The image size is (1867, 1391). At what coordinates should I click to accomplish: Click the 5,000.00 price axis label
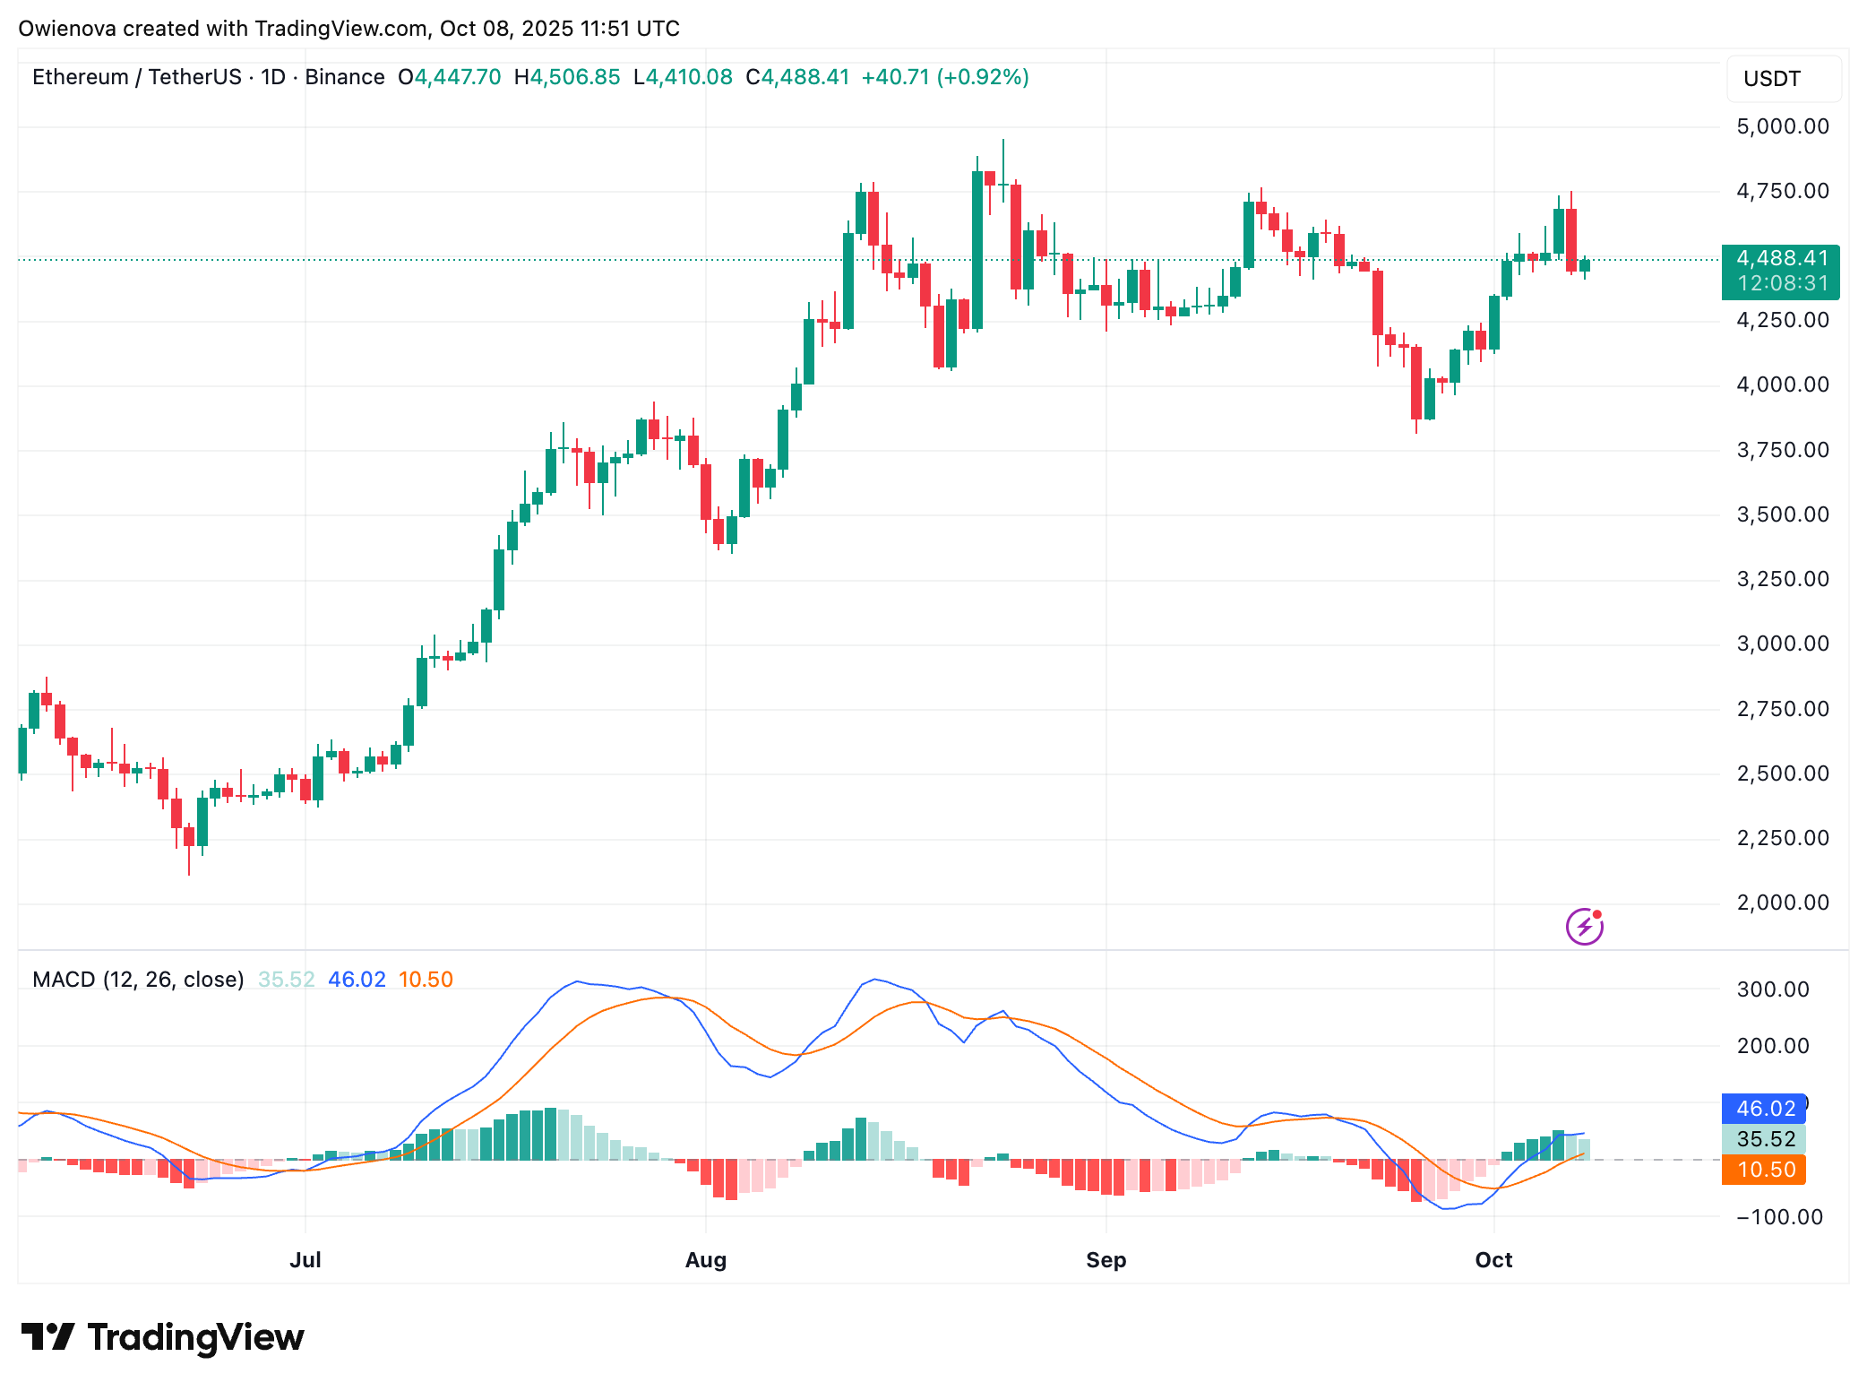pos(1782,126)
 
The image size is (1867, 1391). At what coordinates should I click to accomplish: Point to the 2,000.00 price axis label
pos(1782,903)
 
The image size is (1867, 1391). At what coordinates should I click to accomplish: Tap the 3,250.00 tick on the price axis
pos(1782,579)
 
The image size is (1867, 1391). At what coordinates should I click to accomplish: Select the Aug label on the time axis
pos(705,1260)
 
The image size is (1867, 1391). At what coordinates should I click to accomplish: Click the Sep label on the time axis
pos(1106,1260)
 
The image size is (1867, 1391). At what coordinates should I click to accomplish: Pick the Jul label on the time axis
pos(305,1260)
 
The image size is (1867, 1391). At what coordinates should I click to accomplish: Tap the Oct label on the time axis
pos(1493,1260)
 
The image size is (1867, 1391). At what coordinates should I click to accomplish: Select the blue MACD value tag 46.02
pos(1765,1109)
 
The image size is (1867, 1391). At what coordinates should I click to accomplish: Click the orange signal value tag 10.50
pos(1765,1170)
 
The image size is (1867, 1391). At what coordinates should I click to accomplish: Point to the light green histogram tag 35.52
pos(1765,1139)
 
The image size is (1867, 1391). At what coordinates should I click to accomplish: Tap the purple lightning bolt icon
pos(1584,927)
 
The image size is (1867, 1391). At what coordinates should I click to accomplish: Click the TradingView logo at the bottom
pos(163,1337)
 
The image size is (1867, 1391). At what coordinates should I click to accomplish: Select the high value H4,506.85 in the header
pos(567,77)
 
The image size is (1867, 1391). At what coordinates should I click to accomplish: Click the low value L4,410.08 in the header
pos(683,77)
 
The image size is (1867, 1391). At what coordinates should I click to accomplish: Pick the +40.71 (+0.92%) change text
pos(944,77)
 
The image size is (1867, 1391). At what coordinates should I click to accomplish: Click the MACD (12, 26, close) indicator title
pos(138,980)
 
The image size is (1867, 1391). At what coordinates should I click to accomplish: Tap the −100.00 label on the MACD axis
pos(1779,1217)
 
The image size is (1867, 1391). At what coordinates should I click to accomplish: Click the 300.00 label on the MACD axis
pos(1772,989)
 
